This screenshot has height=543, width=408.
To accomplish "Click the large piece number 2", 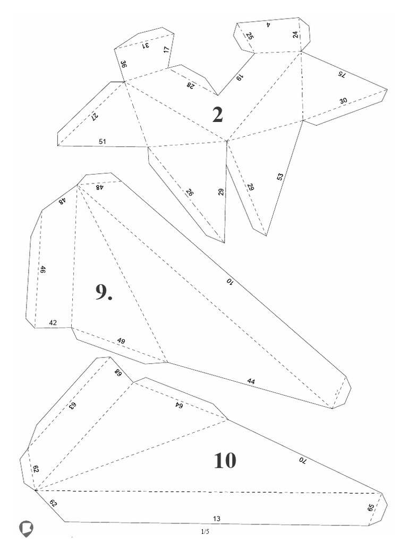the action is (217, 115).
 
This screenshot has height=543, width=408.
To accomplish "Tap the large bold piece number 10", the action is (225, 460).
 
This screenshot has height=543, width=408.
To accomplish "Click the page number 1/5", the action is (205, 531).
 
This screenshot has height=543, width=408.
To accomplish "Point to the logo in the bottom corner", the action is (26, 529).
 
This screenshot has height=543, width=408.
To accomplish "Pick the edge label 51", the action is (103, 141).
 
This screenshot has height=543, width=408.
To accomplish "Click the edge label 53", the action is (280, 177).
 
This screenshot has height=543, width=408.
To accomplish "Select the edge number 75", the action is (342, 74).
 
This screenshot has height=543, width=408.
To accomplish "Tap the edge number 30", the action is (343, 101).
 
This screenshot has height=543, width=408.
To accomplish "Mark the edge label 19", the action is (240, 77).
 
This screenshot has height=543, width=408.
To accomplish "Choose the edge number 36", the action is (123, 64).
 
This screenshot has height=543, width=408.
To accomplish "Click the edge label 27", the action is (94, 117).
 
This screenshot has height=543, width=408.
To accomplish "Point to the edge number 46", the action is (42, 270).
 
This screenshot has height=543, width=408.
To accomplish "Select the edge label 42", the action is (53, 323).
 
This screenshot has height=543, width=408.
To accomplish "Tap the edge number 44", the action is (251, 381).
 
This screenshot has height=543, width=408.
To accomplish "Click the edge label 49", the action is (121, 341).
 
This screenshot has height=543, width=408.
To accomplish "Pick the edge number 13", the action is (217, 519).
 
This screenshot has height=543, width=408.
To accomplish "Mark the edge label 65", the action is (370, 507).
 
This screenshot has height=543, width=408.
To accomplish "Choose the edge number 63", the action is (72, 406).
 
